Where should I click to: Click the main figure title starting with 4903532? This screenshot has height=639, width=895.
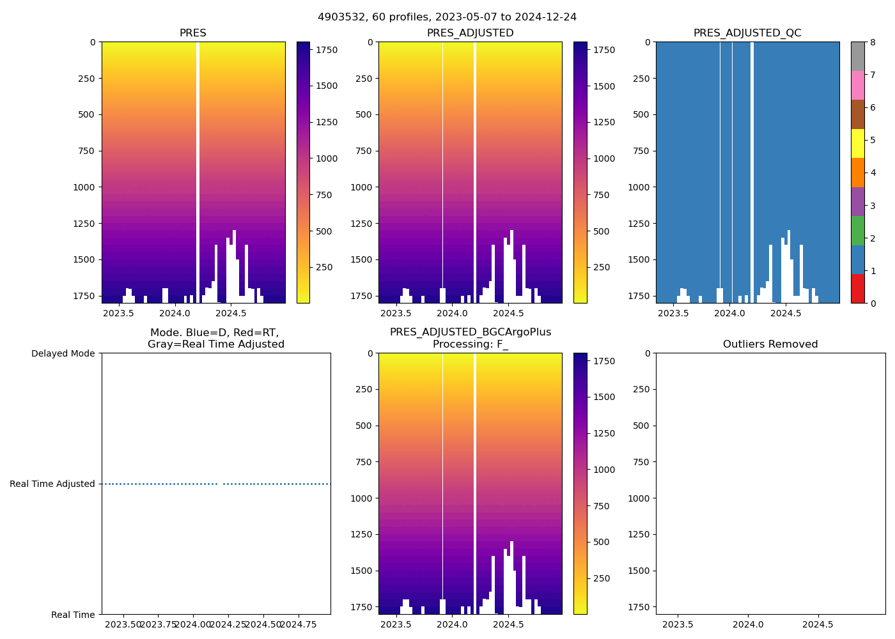447,17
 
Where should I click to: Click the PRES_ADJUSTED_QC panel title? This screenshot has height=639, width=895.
747,33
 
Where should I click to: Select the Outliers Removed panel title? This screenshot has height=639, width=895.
770,344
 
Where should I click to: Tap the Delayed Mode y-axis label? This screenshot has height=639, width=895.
63,353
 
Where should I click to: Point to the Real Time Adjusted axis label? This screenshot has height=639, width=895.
52,484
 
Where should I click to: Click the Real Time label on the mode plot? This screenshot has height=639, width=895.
73,615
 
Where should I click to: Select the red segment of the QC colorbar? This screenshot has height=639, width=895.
857,289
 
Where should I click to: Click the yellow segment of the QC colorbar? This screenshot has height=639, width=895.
857,143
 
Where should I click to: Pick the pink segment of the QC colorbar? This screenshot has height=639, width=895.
857,85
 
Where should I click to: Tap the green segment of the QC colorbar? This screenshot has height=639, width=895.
857,231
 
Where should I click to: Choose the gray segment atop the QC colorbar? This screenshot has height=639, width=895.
857,56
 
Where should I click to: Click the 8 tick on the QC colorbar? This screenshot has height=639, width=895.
871,42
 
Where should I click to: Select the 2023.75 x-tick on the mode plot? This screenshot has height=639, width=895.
158,624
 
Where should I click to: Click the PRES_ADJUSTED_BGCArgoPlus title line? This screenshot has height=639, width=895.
470,332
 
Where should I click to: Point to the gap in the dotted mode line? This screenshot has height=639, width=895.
220,484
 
